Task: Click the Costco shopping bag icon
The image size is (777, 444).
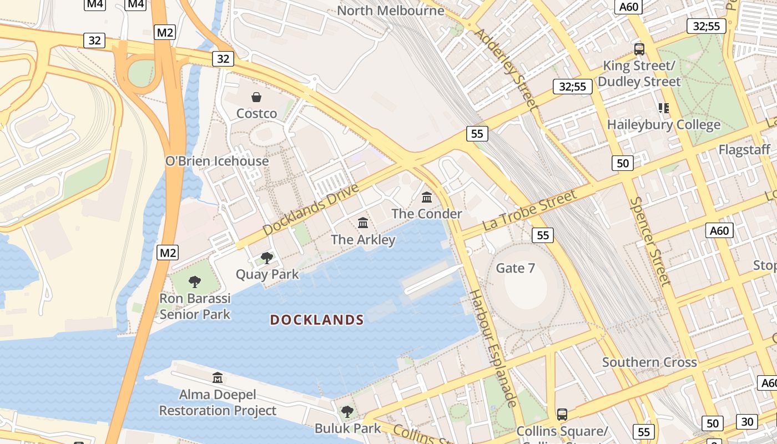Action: (x=256, y=98)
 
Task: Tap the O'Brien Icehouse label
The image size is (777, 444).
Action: (x=217, y=162)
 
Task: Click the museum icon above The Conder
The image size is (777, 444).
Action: (x=427, y=197)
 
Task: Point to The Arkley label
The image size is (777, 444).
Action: (x=363, y=240)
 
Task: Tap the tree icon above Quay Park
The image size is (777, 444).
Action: (x=267, y=258)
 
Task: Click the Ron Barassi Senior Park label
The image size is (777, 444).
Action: (x=195, y=306)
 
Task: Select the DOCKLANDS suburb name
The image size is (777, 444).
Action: (x=317, y=320)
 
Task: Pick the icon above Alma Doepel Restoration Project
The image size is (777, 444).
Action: (x=218, y=378)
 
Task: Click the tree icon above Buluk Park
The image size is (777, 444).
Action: (x=347, y=412)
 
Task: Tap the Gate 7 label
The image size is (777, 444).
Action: (x=516, y=269)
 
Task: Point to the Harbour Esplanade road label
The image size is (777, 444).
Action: (x=493, y=348)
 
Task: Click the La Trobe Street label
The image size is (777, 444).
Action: (x=529, y=210)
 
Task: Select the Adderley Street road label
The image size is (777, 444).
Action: (x=506, y=68)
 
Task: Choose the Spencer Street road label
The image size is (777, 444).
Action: (x=650, y=241)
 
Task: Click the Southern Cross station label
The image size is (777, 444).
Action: (x=649, y=362)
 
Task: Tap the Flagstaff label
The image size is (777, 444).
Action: (x=744, y=150)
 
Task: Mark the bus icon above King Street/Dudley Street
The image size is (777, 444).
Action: (x=639, y=49)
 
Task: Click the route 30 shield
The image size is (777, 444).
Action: (x=748, y=422)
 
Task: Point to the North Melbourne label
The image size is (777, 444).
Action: (x=391, y=11)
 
